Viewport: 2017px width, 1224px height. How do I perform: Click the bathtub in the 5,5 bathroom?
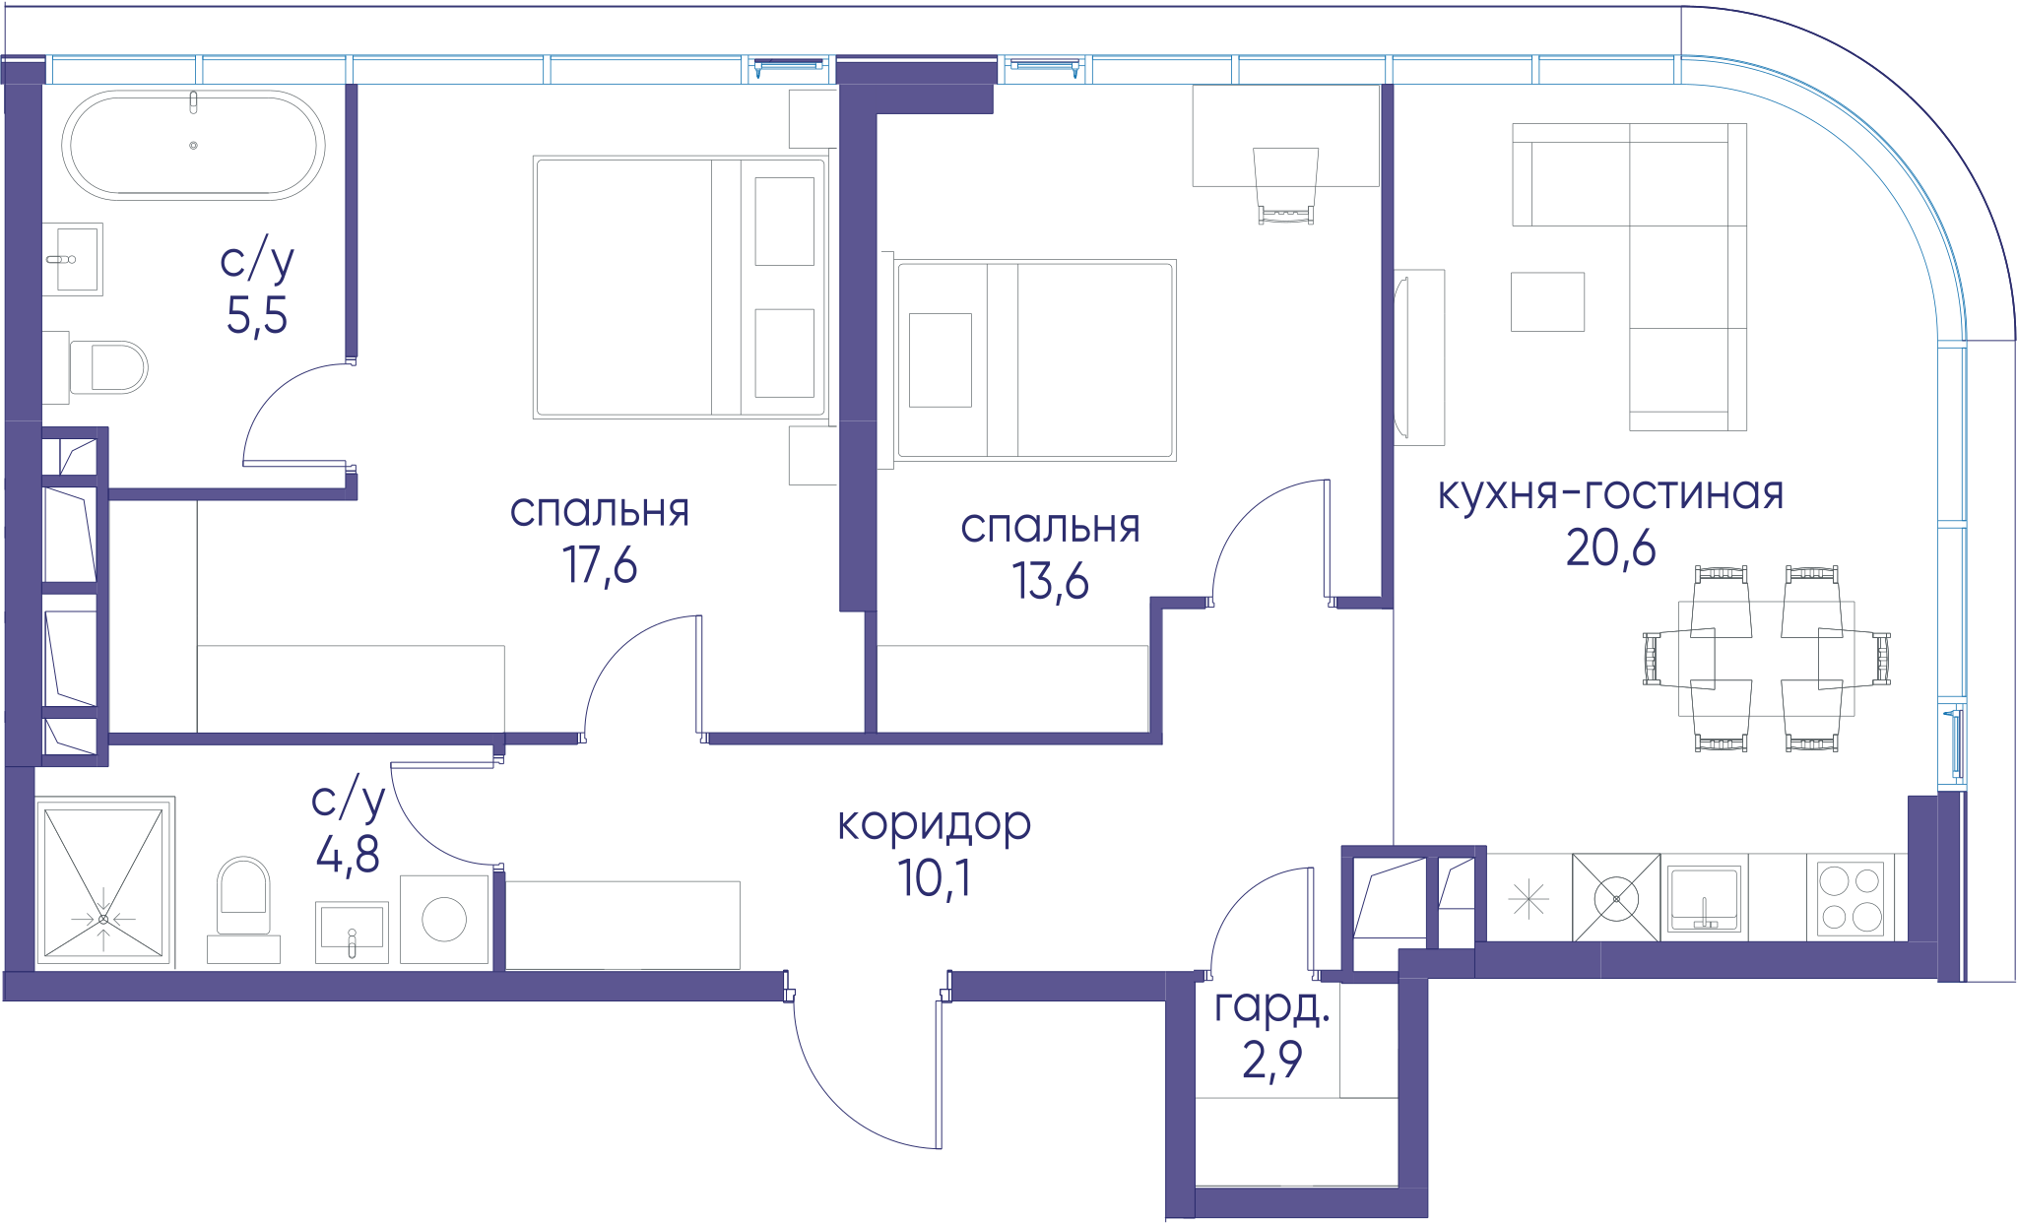[193, 145]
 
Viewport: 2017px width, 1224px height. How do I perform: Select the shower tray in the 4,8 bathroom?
[104, 882]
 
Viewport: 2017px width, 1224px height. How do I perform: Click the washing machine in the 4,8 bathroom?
[444, 919]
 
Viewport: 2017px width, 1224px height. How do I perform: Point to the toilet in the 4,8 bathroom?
[243, 896]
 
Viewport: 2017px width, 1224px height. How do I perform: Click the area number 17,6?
[600, 565]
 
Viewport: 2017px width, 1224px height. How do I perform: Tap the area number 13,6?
[1050, 581]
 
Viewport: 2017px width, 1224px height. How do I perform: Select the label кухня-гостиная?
[1610, 493]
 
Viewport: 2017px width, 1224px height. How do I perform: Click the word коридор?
[934, 824]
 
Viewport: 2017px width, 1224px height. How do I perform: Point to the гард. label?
[1271, 1006]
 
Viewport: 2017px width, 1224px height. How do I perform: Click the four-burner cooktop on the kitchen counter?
[1850, 897]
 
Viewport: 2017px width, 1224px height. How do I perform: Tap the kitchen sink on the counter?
[1705, 898]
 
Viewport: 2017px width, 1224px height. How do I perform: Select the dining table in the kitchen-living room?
[1767, 659]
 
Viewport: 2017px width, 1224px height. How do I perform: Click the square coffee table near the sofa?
[1548, 301]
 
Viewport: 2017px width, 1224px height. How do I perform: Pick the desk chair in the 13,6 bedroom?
[1285, 185]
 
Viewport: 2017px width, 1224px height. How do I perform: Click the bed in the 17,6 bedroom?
[681, 287]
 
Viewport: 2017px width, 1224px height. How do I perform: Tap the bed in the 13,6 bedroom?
[1034, 360]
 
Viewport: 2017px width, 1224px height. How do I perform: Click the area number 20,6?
[1611, 548]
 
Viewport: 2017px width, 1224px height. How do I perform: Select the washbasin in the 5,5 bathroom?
[73, 259]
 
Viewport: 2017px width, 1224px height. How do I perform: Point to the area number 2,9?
[1272, 1060]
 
